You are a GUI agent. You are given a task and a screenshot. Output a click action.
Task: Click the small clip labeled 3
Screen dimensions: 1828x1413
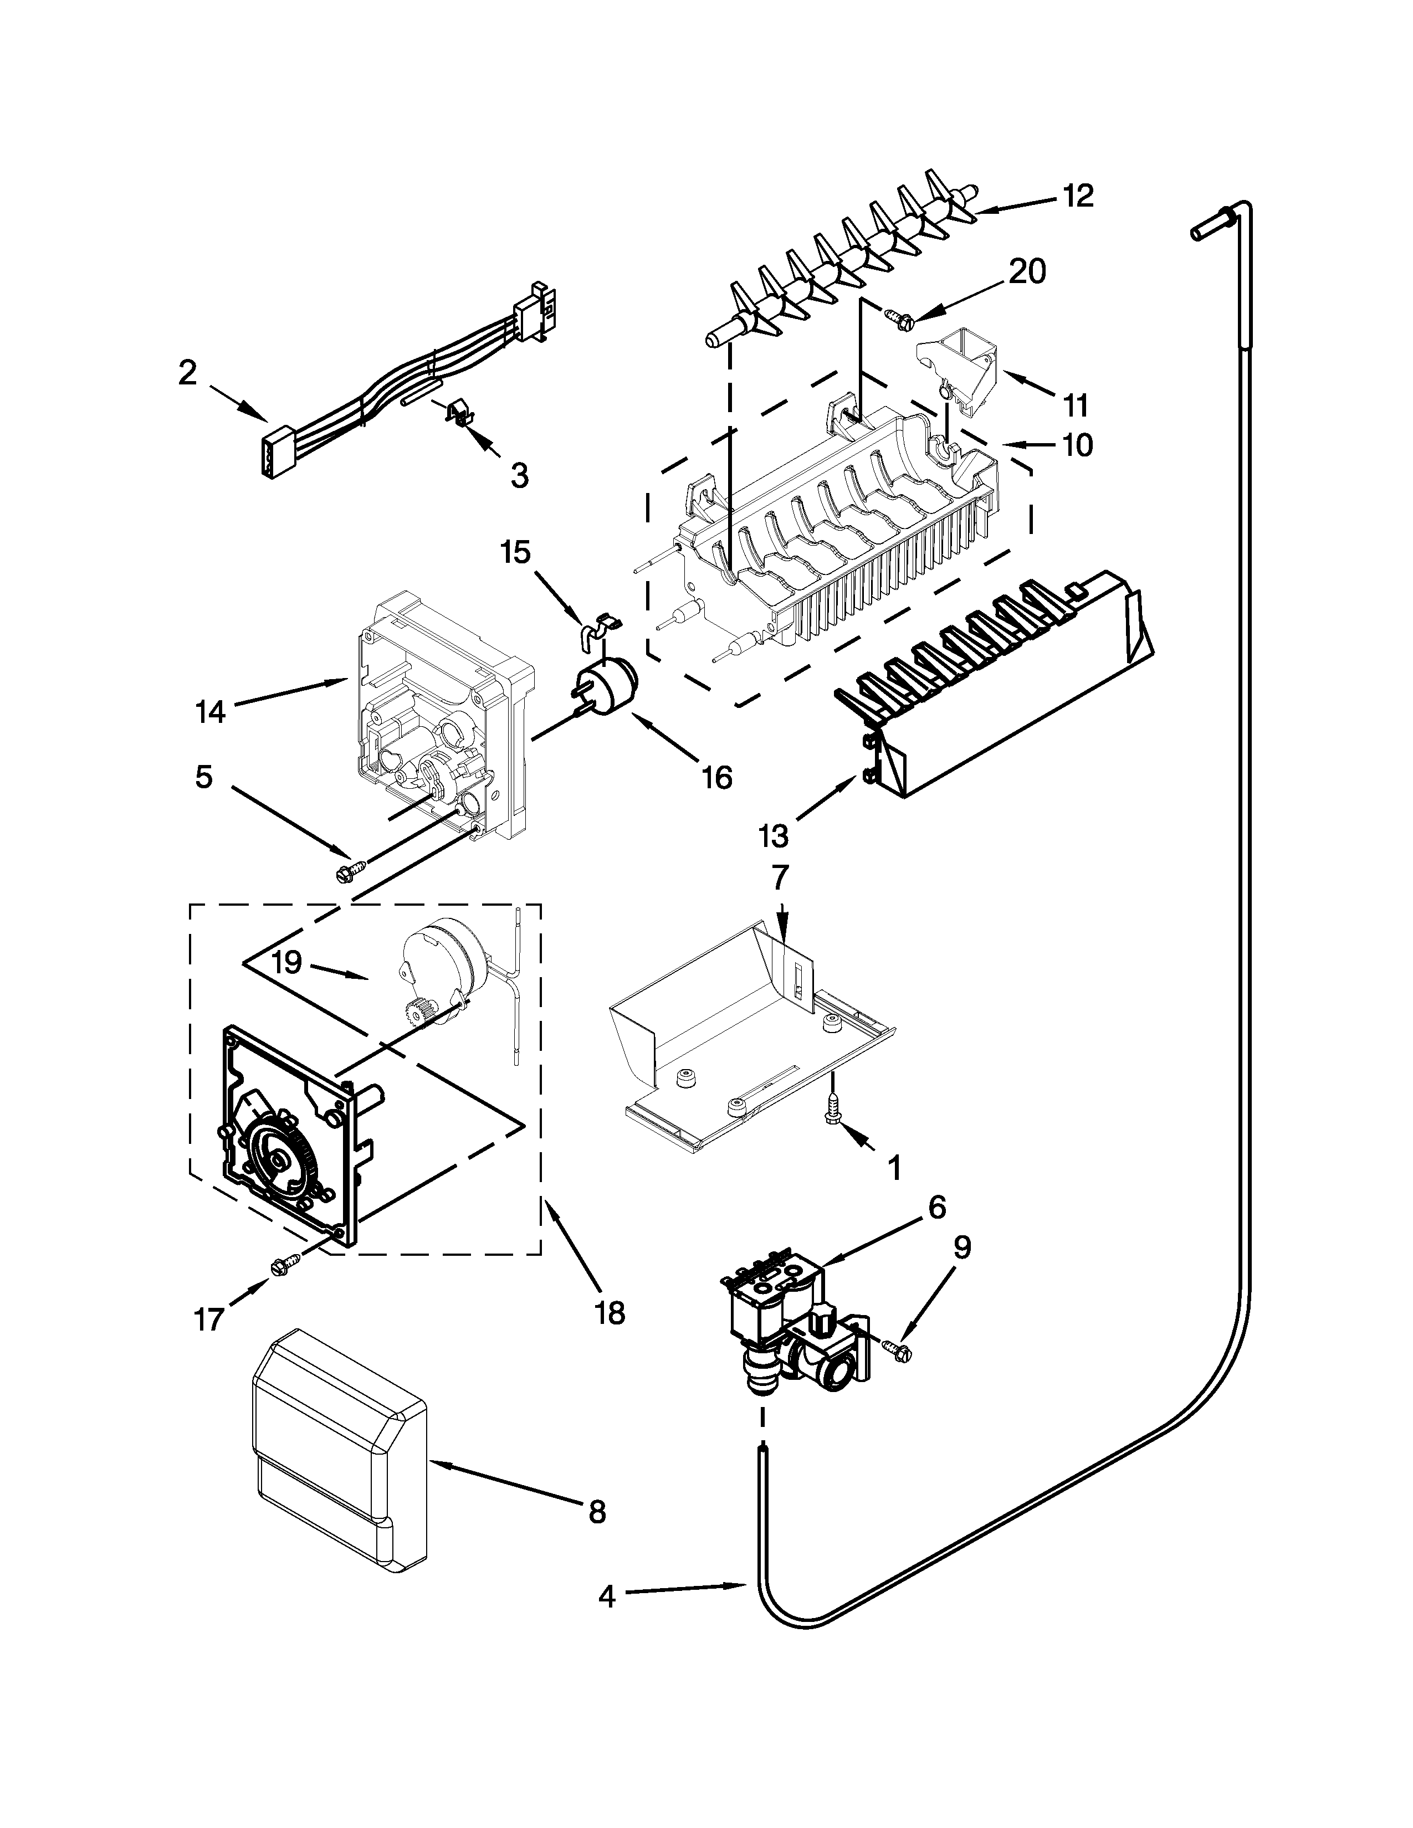point(459,413)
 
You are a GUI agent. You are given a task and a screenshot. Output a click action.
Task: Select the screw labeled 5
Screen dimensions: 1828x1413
point(346,873)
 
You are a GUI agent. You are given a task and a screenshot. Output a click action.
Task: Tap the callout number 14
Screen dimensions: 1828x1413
point(211,712)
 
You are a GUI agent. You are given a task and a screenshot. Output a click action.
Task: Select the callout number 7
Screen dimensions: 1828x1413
point(779,878)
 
